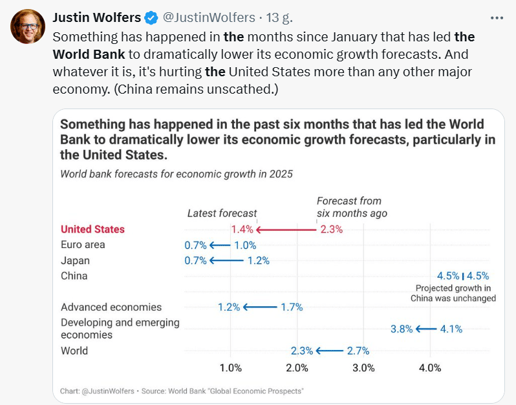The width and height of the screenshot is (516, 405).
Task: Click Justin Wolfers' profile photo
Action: point(26,26)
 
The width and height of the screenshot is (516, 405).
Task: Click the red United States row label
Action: point(92,229)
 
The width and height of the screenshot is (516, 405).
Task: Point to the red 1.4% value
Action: point(242,229)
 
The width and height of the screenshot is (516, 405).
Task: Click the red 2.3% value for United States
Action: point(331,229)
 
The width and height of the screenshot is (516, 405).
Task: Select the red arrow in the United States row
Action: point(286,229)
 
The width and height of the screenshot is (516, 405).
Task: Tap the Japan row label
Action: point(75,260)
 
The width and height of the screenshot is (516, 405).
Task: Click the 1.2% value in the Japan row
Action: point(258,261)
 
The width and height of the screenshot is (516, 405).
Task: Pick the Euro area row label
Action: point(83,245)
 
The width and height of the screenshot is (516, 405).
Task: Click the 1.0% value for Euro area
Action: point(245,245)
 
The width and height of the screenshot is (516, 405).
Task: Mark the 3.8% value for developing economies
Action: point(402,329)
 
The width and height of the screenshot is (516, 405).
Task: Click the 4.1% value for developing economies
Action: point(451,329)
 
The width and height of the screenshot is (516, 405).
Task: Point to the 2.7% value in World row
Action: point(358,351)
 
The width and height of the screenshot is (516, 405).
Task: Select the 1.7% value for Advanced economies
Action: point(291,307)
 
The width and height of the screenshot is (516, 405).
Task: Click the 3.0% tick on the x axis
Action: point(363,368)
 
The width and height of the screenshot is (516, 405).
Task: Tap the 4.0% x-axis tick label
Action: point(430,368)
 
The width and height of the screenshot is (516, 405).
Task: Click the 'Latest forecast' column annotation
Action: point(222,213)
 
